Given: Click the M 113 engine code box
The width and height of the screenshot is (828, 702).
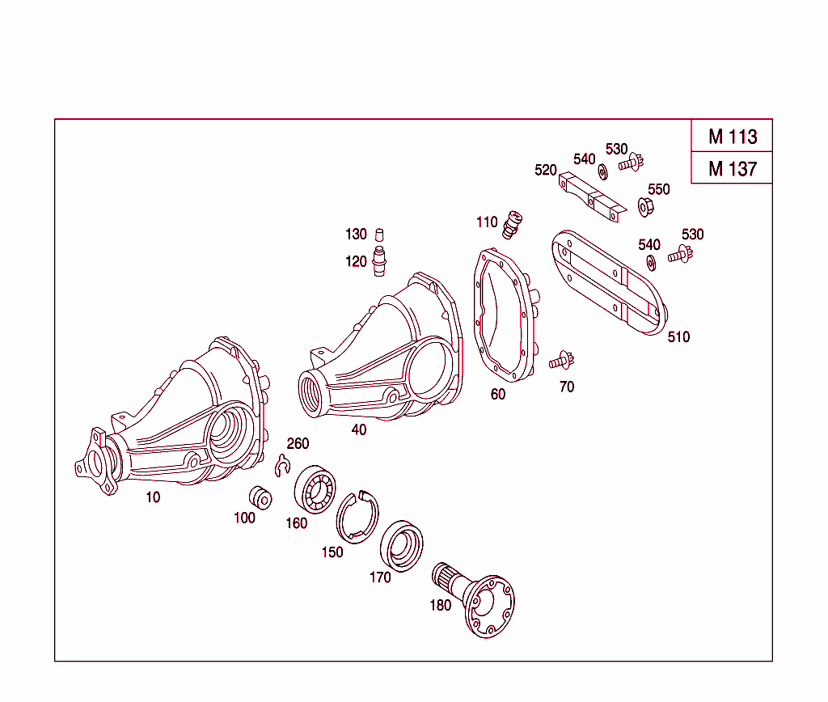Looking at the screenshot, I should (732, 136).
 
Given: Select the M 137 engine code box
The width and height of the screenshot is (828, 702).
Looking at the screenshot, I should (732, 168).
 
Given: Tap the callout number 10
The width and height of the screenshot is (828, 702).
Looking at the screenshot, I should (153, 497).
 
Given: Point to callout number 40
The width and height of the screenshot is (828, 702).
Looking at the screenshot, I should (358, 429).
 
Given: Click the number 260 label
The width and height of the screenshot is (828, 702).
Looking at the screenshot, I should (298, 443).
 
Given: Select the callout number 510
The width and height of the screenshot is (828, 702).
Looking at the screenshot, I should (678, 337).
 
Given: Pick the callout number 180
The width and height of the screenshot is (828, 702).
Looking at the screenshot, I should (440, 605).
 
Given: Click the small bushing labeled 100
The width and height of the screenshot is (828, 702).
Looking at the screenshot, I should (260, 497).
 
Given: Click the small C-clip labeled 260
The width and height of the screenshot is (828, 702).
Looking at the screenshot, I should (282, 467).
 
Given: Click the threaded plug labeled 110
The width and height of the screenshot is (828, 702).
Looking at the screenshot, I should (512, 224).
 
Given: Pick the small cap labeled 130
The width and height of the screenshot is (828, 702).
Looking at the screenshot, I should (377, 235).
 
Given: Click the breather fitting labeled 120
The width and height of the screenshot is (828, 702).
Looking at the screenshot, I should (379, 262).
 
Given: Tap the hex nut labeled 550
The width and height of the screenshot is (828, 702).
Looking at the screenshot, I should (645, 207).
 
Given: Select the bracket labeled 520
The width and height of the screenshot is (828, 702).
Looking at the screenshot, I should (592, 197).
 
